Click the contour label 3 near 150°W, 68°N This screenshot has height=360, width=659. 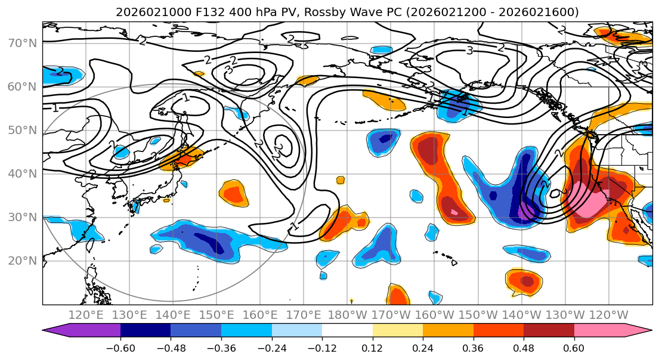469,51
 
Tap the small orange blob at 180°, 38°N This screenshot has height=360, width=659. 341,180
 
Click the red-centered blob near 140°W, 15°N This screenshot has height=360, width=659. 525,281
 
